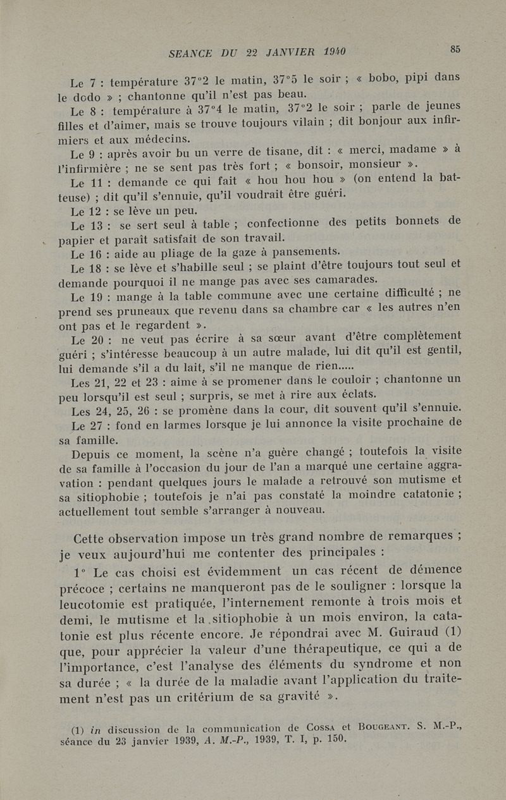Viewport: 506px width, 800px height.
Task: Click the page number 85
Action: [x=454, y=49]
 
